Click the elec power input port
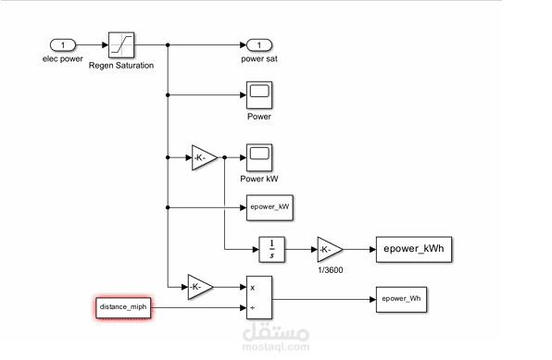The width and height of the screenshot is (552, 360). [62, 44]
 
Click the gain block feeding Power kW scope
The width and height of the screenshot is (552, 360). [204, 158]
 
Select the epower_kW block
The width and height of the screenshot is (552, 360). [270, 207]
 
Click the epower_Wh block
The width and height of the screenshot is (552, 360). [400, 299]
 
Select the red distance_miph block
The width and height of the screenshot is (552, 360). [122, 307]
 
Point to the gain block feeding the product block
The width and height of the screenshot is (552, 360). [200, 288]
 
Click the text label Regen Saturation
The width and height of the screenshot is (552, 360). [121, 67]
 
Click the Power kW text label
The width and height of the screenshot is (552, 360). [258, 179]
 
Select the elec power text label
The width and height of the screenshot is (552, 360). [62, 59]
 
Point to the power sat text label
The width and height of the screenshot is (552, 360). [259, 59]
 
